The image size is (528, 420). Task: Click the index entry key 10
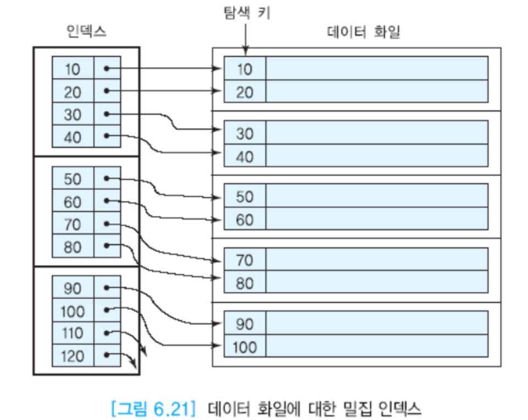[73, 68]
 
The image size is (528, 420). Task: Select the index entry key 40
[73, 137]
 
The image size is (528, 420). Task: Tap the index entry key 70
[73, 225]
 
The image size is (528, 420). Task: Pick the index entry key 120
[73, 356]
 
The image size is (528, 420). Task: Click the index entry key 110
[73, 334]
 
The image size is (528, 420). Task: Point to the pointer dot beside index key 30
[107, 114]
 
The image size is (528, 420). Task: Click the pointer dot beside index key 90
[107, 288]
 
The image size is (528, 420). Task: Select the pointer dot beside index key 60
[107, 201]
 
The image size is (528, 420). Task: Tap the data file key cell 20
[244, 92]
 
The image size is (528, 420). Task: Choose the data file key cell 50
[244, 197]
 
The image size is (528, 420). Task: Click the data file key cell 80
[244, 283]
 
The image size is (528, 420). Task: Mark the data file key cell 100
[244, 347]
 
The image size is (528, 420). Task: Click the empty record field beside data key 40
[377, 156]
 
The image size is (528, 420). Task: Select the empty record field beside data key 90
[377, 323]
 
